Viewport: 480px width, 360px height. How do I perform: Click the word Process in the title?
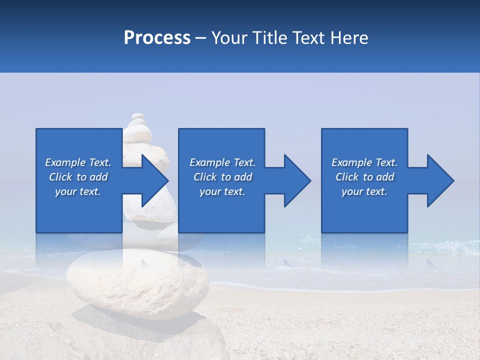pyautogui.click(x=157, y=38)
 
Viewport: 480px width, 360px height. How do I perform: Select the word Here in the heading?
pyautogui.click(x=349, y=38)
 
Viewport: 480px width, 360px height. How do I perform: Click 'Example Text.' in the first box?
pyautogui.click(x=78, y=162)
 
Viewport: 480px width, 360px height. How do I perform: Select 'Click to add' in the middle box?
pyautogui.click(x=222, y=177)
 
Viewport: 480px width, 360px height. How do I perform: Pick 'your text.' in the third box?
pyautogui.click(x=364, y=191)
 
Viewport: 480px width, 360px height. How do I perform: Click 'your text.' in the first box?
pyautogui.click(x=78, y=191)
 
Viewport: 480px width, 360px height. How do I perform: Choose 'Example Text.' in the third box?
pyautogui.click(x=364, y=162)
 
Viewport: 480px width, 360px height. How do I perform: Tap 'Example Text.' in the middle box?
pyautogui.click(x=222, y=162)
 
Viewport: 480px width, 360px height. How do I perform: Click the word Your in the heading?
pyautogui.click(x=229, y=38)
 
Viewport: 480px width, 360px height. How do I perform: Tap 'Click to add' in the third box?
pyautogui.click(x=364, y=177)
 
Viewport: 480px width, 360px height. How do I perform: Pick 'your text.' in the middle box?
pyautogui.click(x=222, y=191)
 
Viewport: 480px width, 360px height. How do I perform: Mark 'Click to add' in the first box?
pyautogui.click(x=78, y=177)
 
